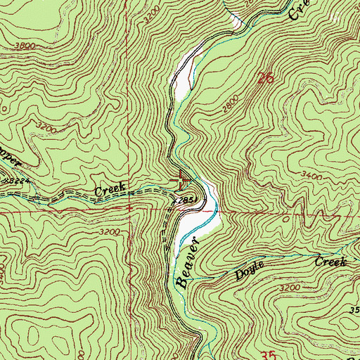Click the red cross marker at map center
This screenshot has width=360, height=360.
(180, 180)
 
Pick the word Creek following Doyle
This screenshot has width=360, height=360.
(331, 262)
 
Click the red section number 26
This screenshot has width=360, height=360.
(264, 79)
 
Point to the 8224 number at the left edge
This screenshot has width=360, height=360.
(8, 181)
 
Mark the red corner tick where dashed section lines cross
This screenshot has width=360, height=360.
(129, 209)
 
